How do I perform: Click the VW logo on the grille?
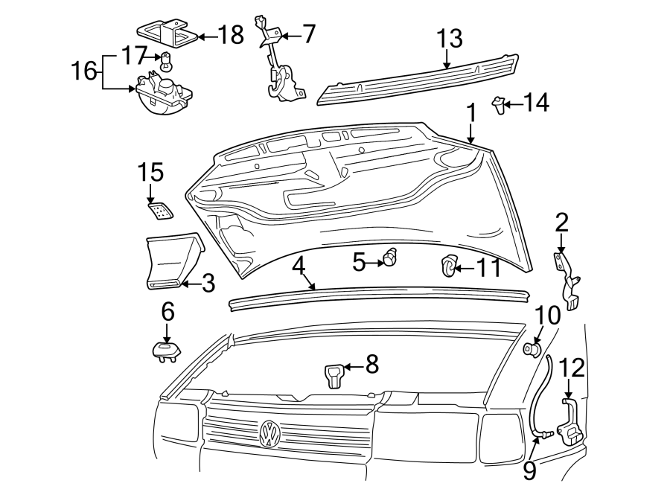pyautogui.click(x=269, y=433)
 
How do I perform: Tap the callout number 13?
pyautogui.click(x=449, y=38)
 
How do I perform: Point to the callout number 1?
pyautogui.click(x=470, y=112)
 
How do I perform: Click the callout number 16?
pyautogui.click(x=85, y=72)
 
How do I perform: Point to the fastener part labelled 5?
pyautogui.click(x=390, y=260)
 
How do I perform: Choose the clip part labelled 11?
pyautogui.click(x=449, y=265)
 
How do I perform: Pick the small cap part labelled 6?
pyautogui.click(x=165, y=349)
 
